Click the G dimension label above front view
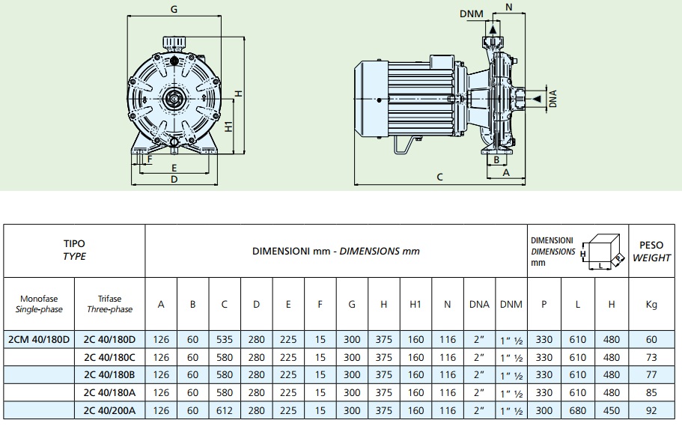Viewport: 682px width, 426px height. pos(174,10)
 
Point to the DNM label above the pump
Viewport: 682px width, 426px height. pos(471,13)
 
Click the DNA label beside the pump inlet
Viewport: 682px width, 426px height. pos(553,99)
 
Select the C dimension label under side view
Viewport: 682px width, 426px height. pos(440,177)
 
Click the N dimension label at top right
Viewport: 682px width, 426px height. pos(509,7)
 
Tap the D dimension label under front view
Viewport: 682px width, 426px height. pos(174,179)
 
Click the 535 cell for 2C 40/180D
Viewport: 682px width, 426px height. pos(225,338)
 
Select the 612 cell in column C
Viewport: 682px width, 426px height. pos(225,410)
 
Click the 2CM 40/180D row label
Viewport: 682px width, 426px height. pos(38,338)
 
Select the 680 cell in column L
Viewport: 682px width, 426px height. pos(579,410)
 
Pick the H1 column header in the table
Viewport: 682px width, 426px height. pos(416,304)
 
